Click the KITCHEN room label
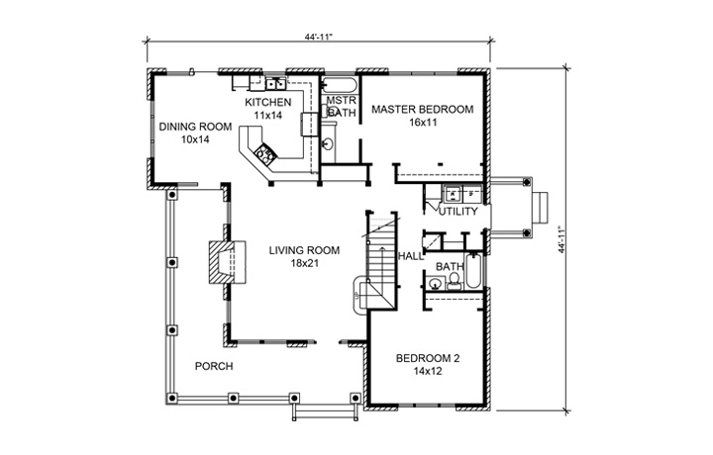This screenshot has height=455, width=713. [267, 102]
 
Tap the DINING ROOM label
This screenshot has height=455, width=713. [195, 127]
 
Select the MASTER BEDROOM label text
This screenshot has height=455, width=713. [422, 109]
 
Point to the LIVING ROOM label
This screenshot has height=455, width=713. [304, 250]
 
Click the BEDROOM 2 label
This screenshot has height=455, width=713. [427, 358]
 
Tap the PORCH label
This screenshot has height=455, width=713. [214, 366]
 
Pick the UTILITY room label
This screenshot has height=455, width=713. [458, 212]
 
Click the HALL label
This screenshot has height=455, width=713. [410, 256]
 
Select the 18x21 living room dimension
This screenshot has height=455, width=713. [304, 264]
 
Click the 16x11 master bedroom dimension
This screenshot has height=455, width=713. [422, 123]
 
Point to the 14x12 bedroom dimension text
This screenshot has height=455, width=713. [427, 372]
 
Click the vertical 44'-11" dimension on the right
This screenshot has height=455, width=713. [565, 238]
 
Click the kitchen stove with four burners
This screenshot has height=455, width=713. [266, 153]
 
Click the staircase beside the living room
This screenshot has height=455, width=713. [380, 262]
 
